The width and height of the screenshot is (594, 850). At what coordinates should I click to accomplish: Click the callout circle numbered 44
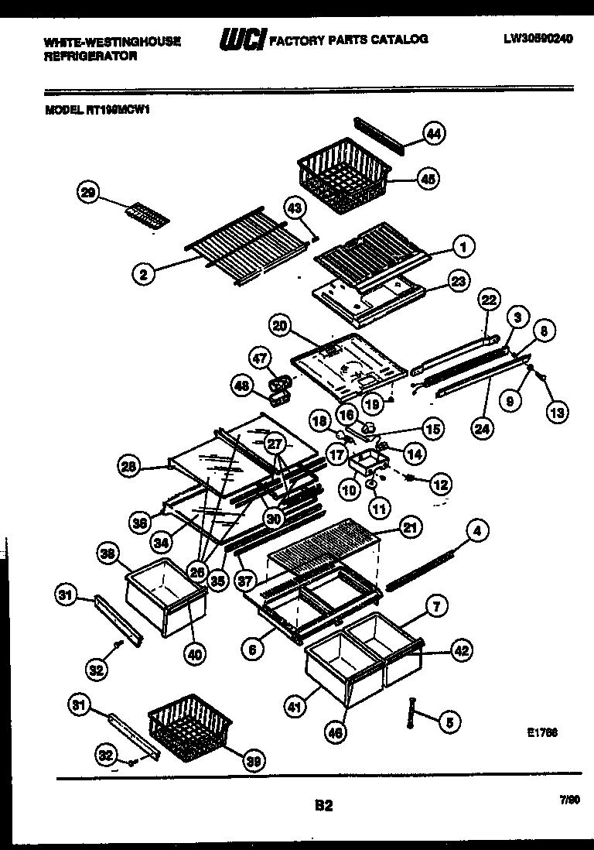(434, 134)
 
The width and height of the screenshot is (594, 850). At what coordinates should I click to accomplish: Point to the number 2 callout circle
(142, 272)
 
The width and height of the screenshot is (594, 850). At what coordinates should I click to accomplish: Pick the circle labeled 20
(280, 326)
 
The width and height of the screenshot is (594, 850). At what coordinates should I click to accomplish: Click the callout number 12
(439, 485)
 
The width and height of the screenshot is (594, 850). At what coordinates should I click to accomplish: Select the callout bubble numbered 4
(478, 531)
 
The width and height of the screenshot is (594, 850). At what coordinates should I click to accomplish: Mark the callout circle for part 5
(448, 722)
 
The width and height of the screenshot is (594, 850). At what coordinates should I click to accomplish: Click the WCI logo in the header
(241, 39)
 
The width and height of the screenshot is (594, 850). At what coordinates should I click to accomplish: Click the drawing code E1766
(544, 732)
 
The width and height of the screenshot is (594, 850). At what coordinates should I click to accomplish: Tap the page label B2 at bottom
(323, 806)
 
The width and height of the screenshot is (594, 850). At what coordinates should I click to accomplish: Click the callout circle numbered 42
(462, 651)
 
